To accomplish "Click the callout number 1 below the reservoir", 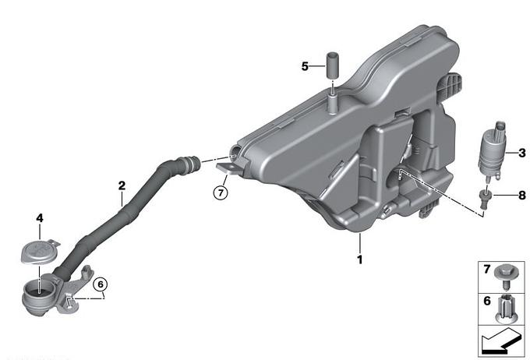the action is pos(359,259).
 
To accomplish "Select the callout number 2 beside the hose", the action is pos(122,185).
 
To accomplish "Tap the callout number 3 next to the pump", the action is pos(522,153).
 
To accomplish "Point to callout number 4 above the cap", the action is pos(40,218).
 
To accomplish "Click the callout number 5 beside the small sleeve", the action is pos(305,66).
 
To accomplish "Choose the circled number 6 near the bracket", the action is pos(101,284).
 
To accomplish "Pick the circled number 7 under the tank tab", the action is pos(221,192).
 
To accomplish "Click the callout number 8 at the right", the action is pos(522,195).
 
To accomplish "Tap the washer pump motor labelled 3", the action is pos(492,151).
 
